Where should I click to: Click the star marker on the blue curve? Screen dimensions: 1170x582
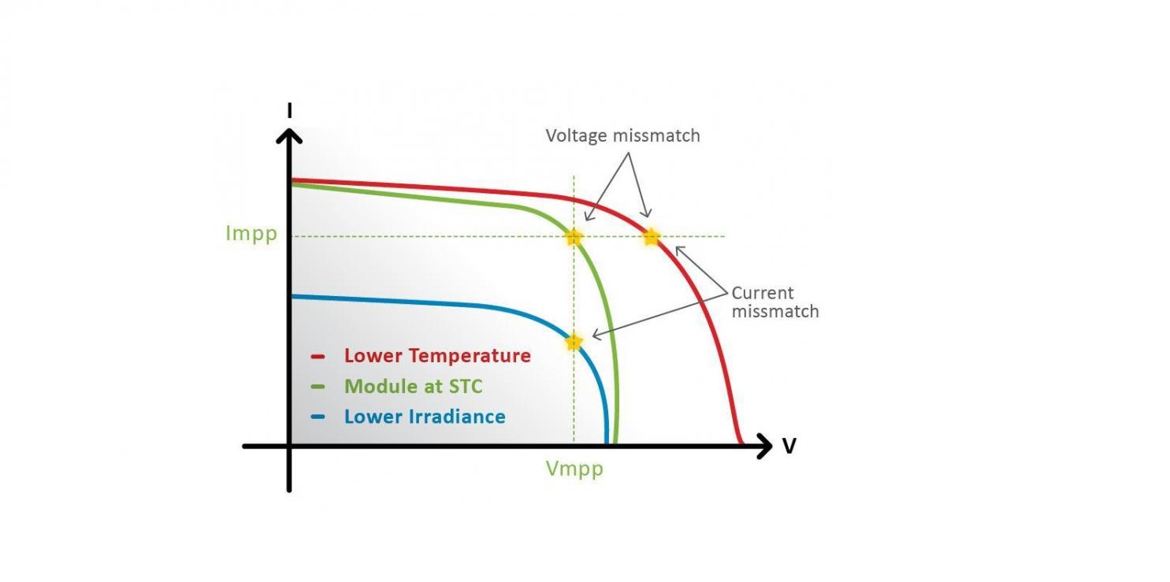pos(574,343)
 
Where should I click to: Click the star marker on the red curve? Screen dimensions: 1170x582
pos(652,238)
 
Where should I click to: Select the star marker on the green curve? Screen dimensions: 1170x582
pos(574,238)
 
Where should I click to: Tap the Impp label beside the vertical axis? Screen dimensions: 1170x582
pos(251,234)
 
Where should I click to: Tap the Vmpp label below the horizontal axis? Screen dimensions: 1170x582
pos(574,469)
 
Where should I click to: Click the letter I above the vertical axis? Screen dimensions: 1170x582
pos(289,111)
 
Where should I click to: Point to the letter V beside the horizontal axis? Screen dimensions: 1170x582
pos(789,447)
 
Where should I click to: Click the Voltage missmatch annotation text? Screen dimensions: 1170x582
pos(622,135)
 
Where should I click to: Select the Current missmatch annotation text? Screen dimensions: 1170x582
pos(775,302)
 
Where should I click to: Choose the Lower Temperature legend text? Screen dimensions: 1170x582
pos(437,355)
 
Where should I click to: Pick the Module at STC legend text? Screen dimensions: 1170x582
pos(413,386)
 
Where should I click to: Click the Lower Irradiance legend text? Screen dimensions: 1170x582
pos(425,417)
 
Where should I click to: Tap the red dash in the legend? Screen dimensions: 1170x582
pos(318,357)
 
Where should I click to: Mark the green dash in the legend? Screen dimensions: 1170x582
pos(318,387)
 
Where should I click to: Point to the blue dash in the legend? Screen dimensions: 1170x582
pos(318,417)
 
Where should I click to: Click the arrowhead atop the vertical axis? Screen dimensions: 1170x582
pos(289,135)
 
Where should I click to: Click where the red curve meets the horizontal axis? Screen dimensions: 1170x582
pos(741,443)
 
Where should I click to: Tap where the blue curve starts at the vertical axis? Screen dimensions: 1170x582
pos(292,296)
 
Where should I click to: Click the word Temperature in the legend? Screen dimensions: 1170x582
pos(470,355)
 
